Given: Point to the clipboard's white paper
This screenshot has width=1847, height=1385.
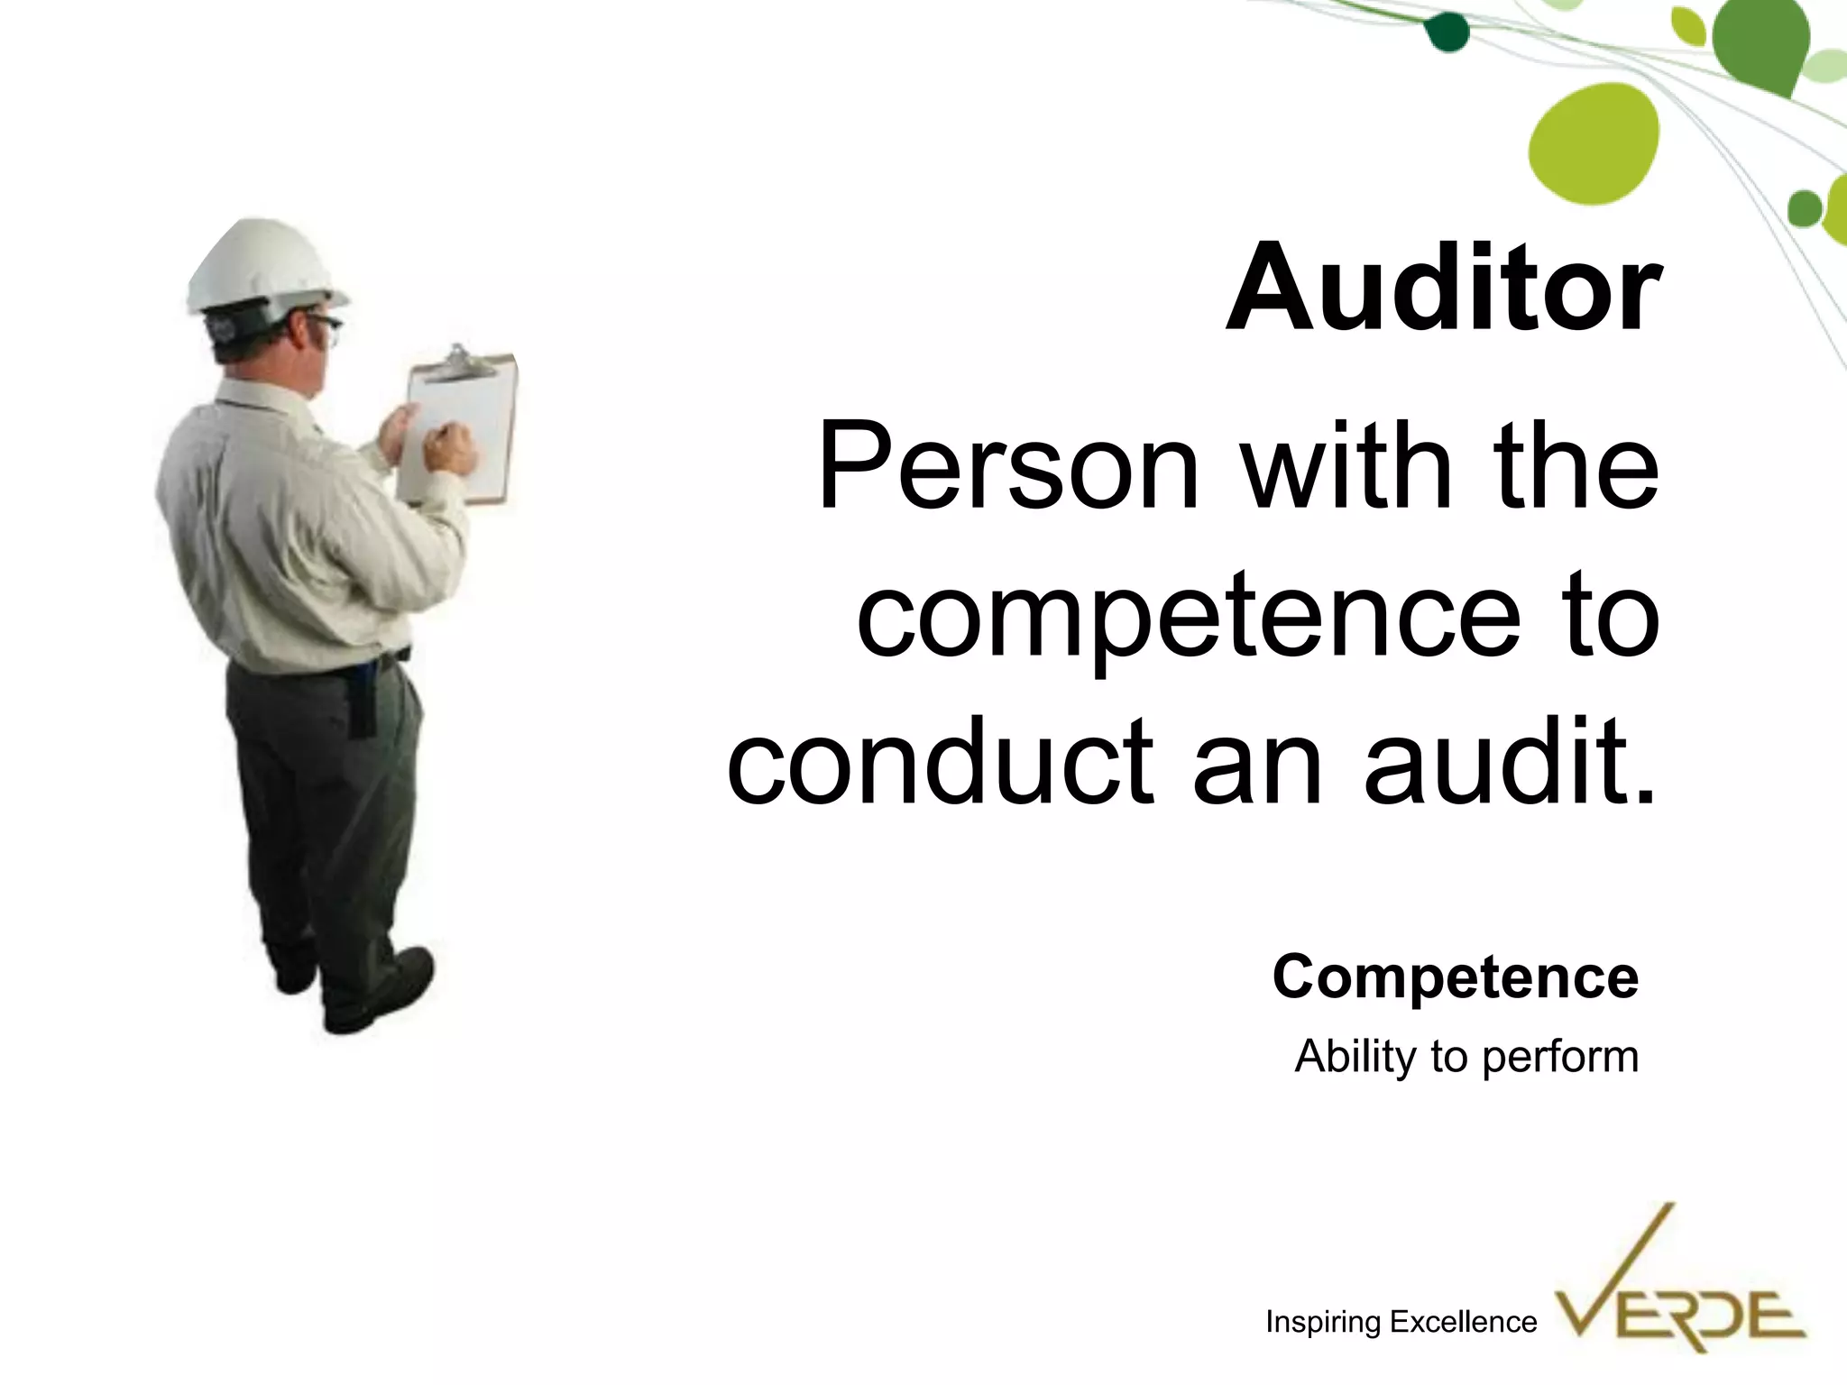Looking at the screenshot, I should point(469,424).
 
